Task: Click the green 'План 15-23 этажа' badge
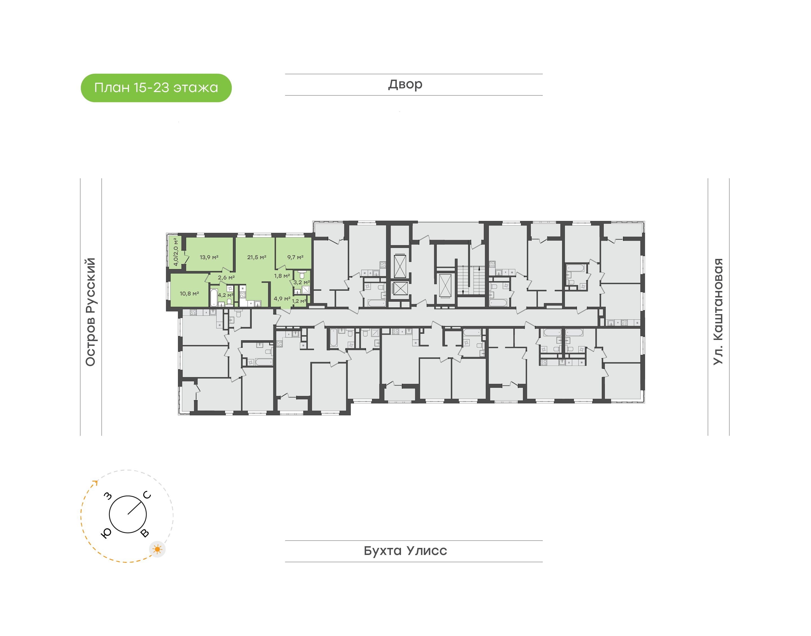pyautogui.click(x=156, y=88)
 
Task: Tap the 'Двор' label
pyautogui.click(x=405, y=84)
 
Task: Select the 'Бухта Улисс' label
pyautogui.click(x=405, y=551)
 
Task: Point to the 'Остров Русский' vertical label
pyautogui.click(x=90, y=312)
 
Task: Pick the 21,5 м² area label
pyautogui.click(x=257, y=257)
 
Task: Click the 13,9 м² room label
pyautogui.click(x=209, y=257)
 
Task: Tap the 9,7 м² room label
pyautogui.click(x=295, y=257)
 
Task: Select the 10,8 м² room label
pyautogui.click(x=189, y=294)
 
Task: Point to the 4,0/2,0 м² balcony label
pyautogui.click(x=175, y=251)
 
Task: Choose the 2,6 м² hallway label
pyautogui.click(x=226, y=278)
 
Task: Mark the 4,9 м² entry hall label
pyautogui.click(x=282, y=299)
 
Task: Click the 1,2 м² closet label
pyautogui.click(x=299, y=301)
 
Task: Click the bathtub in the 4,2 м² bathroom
pyautogui.click(x=213, y=297)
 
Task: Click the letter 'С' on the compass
pyautogui.click(x=147, y=495)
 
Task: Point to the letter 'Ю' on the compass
pyautogui.click(x=106, y=534)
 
